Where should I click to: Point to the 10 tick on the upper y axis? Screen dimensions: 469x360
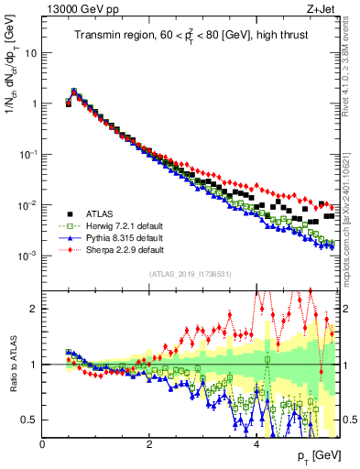(x=33, y=52)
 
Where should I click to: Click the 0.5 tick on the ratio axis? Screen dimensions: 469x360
(x=31, y=420)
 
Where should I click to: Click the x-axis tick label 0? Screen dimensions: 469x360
(x=42, y=445)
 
